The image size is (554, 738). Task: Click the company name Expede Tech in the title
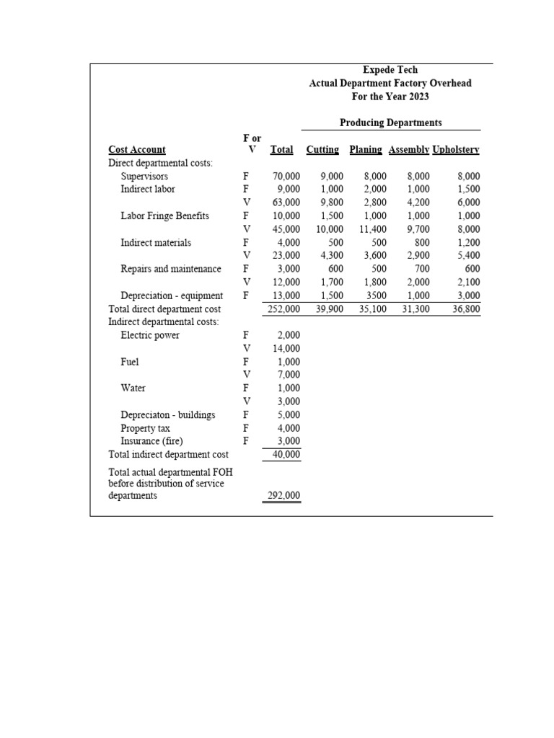coord(390,70)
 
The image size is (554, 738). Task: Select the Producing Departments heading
coord(390,123)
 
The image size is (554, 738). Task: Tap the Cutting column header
coord(322,149)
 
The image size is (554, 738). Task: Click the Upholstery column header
coord(455,149)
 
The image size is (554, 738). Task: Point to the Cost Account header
coord(137,149)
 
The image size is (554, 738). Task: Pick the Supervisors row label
coord(144,176)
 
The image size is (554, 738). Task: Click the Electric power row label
coord(150,335)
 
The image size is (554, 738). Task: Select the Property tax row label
coord(145,427)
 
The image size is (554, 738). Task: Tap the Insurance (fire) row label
coord(151,441)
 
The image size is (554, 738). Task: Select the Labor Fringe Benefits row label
coord(164,215)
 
